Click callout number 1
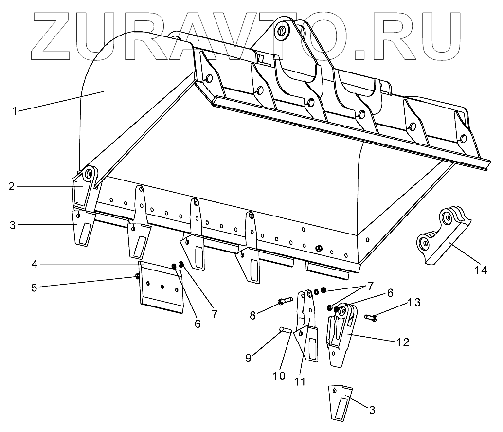point(15,110)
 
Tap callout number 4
point(34,264)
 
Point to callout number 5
point(34,287)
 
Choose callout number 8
point(252,315)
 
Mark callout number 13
point(413,303)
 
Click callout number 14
point(481,270)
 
